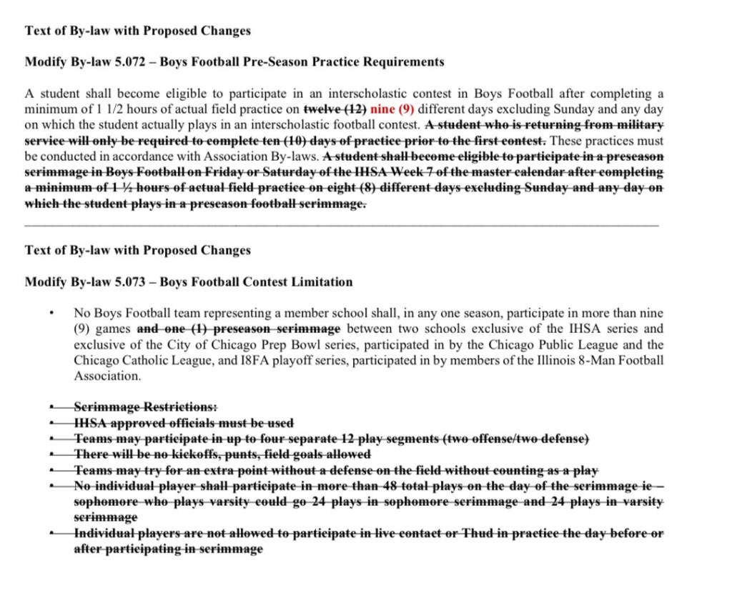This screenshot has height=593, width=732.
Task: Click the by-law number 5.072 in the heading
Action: (x=129, y=62)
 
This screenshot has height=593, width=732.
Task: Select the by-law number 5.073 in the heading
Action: (x=129, y=282)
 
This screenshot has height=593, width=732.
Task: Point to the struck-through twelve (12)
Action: (x=335, y=109)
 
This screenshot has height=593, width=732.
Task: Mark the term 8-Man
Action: (x=588, y=360)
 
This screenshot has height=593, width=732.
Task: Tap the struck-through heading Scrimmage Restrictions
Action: (x=146, y=407)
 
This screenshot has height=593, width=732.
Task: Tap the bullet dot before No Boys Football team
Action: (x=52, y=314)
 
